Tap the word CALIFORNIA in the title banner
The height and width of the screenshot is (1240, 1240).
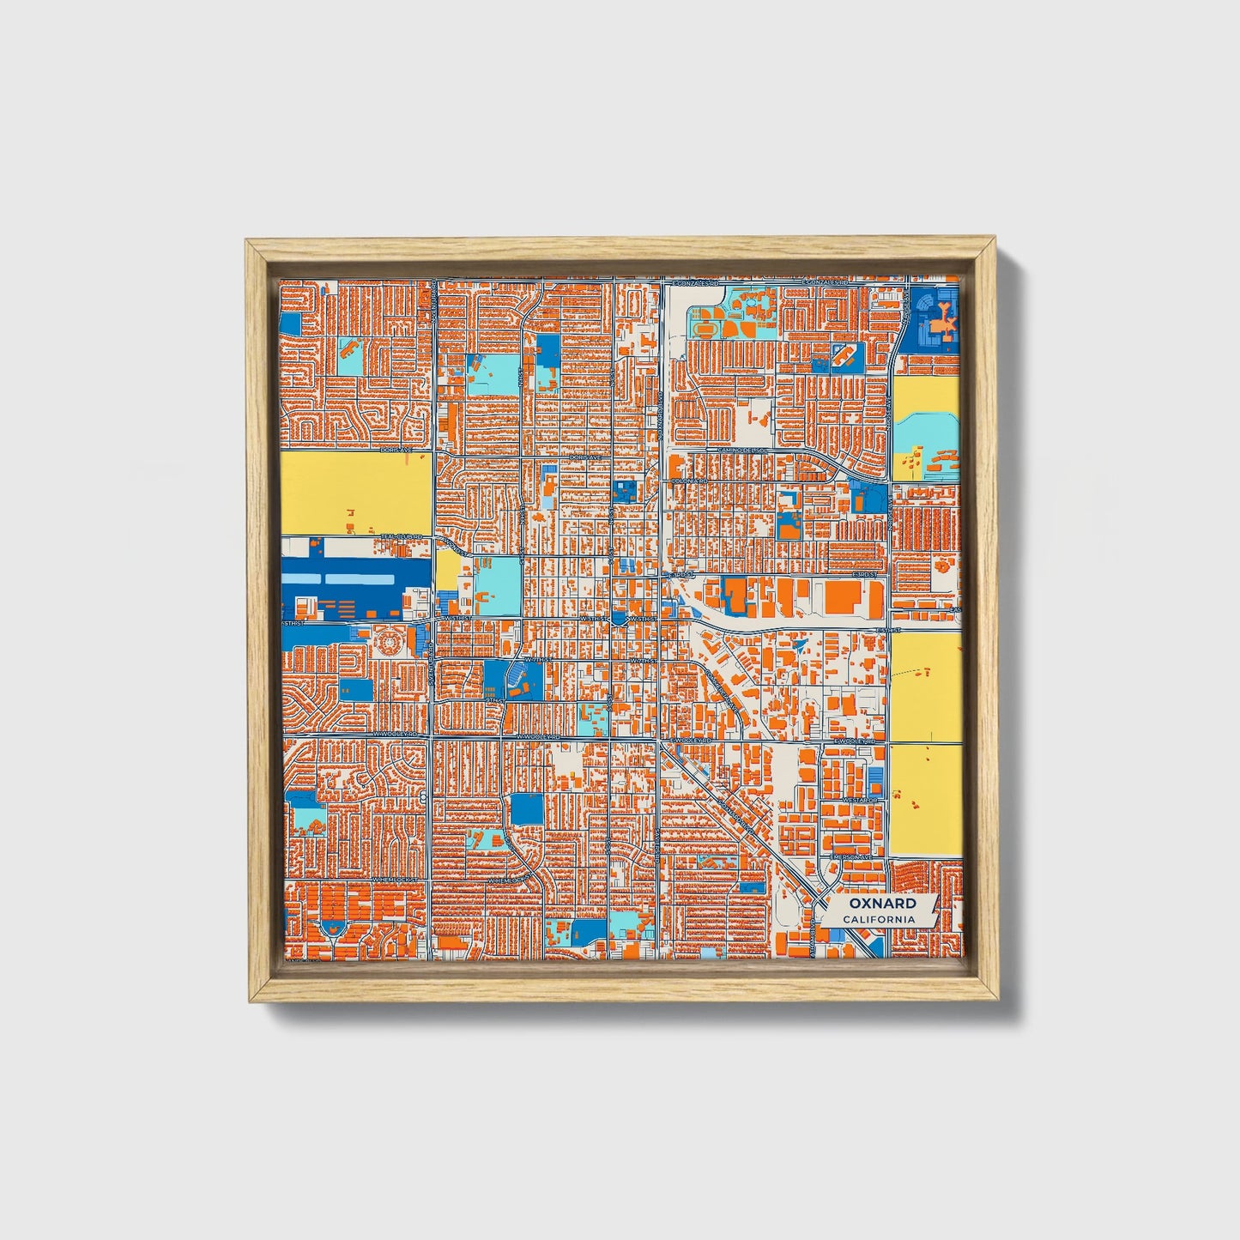coord(878,920)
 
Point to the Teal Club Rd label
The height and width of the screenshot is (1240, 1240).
coord(402,537)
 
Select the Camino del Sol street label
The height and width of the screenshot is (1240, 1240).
coord(745,451)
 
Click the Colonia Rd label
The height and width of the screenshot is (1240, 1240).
coord(689,481)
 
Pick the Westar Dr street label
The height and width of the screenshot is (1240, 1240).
coord(861,800)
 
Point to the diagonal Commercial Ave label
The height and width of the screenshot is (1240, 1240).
coord(723,688)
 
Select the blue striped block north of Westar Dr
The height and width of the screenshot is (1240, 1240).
coord(875,781)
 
